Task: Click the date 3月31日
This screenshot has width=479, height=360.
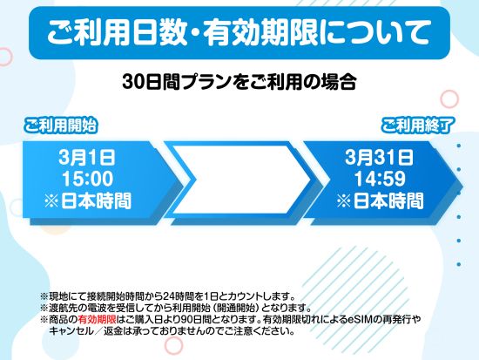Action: pyautogui.click(x=378, y=159)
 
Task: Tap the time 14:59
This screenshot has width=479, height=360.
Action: pyautogui.click(x=378, y=179)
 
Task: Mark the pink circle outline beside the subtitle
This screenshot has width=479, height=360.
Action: pyautogui.click(x=450, y=98)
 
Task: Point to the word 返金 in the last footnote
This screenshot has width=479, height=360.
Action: pyautogui.click(x=116, y=331)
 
